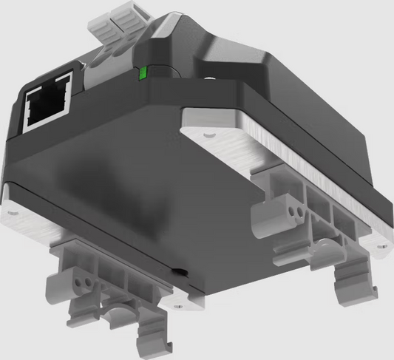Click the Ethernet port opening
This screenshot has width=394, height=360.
[x=47, y=103]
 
